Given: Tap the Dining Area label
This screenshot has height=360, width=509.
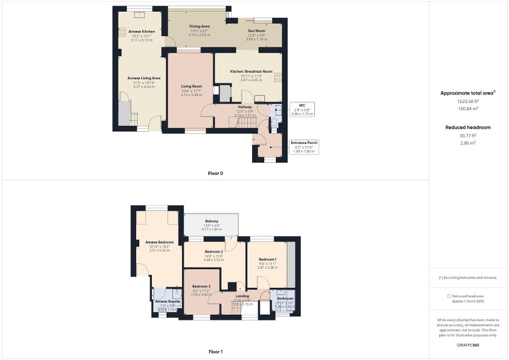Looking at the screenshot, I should pos(199,26).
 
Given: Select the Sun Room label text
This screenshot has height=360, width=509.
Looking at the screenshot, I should pos(257,31).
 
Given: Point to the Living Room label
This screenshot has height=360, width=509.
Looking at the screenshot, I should pos(191,86).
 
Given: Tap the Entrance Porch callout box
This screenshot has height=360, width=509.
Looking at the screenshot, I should pos(304,147).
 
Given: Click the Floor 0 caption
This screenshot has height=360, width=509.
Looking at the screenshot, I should pos(215,173).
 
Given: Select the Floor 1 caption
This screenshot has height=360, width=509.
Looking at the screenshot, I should pos(215,352).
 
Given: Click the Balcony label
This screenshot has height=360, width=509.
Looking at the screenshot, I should pos(212,221).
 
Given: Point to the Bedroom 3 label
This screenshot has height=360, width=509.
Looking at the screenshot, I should pos(201,287).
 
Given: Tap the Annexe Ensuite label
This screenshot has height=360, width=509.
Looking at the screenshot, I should pos(168,301).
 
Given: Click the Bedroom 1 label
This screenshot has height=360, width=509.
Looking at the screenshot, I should pos(267,259).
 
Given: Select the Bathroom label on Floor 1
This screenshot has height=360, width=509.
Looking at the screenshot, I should pos(285,298).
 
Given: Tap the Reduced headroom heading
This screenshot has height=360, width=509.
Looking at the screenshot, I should pos(468,128).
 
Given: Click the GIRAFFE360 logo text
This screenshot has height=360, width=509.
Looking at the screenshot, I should pos(468,344).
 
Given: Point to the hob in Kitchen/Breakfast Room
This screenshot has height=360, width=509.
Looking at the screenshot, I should pos(278,77).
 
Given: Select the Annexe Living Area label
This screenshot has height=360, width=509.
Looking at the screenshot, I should pos(143,78).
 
